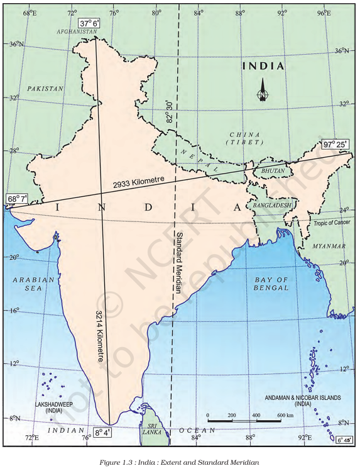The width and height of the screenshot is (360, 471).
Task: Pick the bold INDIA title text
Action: tap(264, 66)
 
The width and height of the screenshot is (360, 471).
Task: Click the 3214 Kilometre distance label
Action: tap(101, 336)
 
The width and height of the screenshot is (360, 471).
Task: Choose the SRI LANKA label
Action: tap(151, 428)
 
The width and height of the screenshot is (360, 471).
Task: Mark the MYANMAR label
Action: tap(329, 245)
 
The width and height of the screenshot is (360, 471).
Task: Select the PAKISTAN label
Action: tap(46, 89)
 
